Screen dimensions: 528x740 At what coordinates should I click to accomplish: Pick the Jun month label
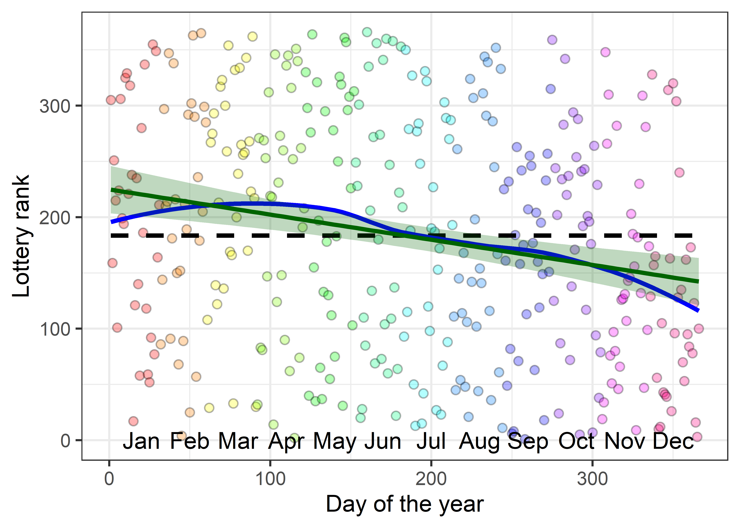point(383,442)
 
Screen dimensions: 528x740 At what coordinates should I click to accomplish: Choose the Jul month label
point(431,442)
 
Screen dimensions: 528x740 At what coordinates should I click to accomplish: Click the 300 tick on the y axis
point(55,106)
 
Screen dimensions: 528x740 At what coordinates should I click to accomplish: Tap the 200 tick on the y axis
point(55,218)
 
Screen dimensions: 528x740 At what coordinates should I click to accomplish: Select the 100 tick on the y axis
point(55,329)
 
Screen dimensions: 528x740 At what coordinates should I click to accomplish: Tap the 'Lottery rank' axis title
point(21,236)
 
